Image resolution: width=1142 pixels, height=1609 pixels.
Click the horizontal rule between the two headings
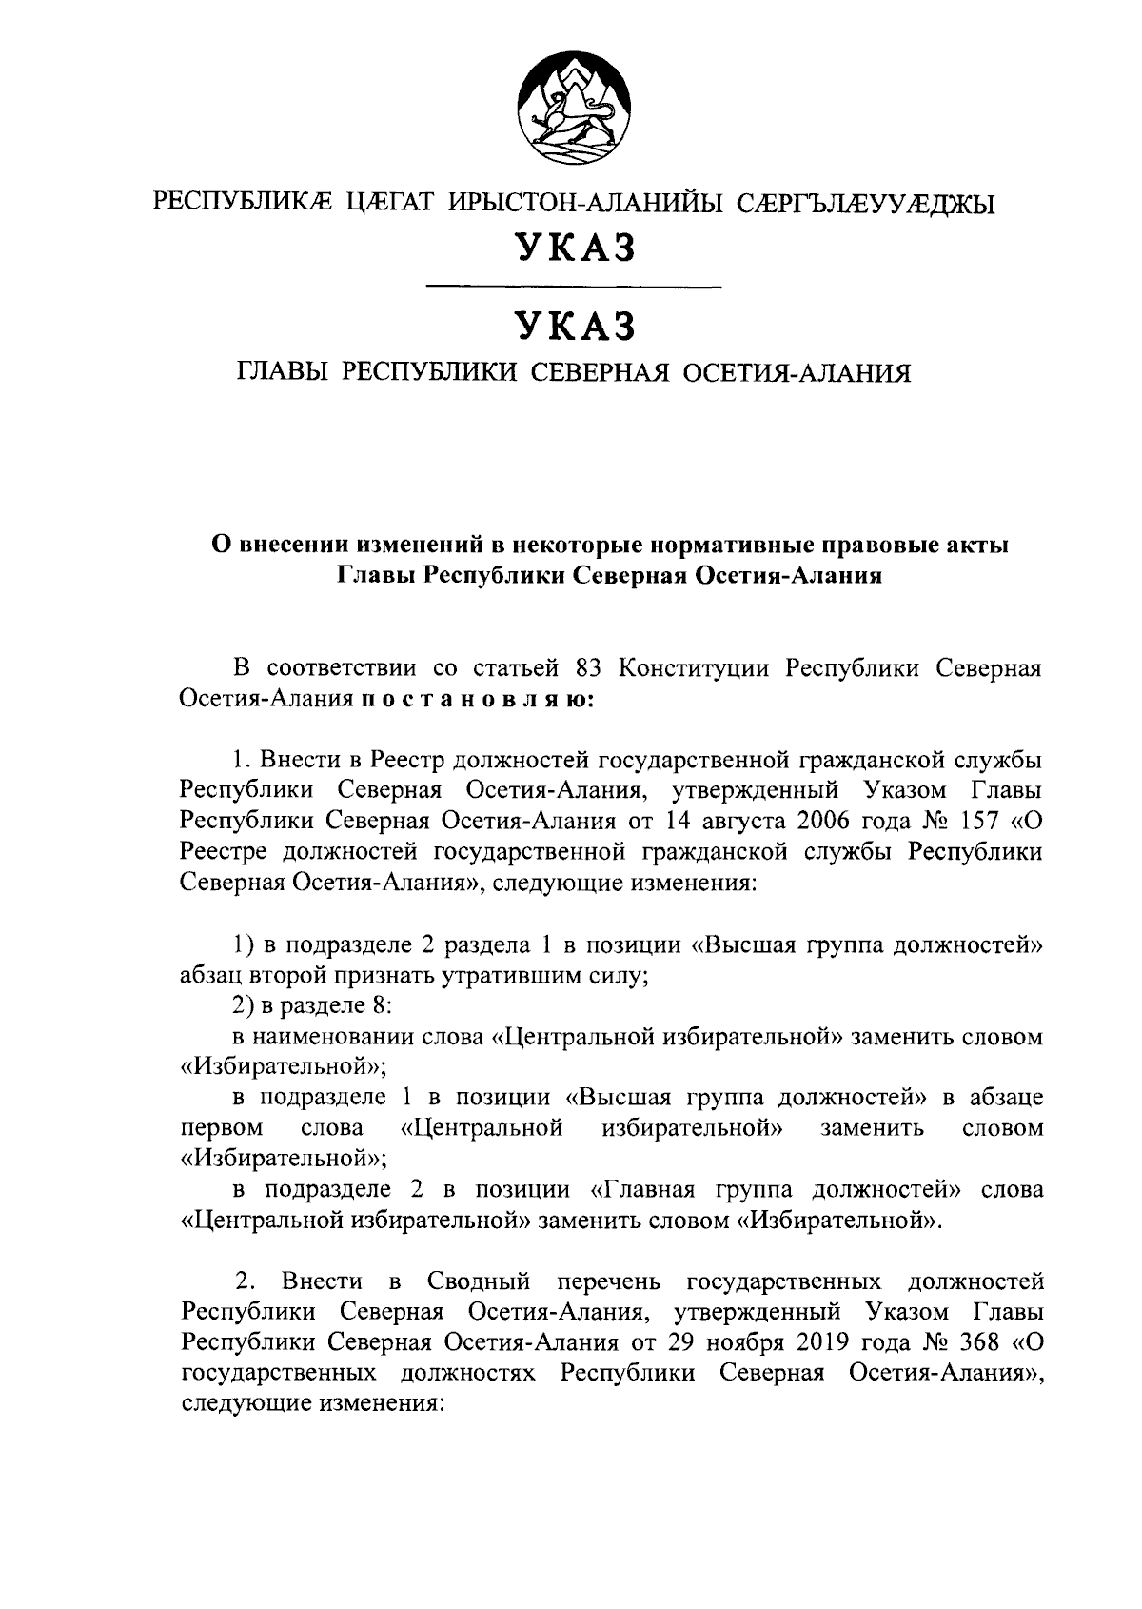point(573,286)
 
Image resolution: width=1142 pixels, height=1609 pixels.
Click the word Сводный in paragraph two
point(474,1281)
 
